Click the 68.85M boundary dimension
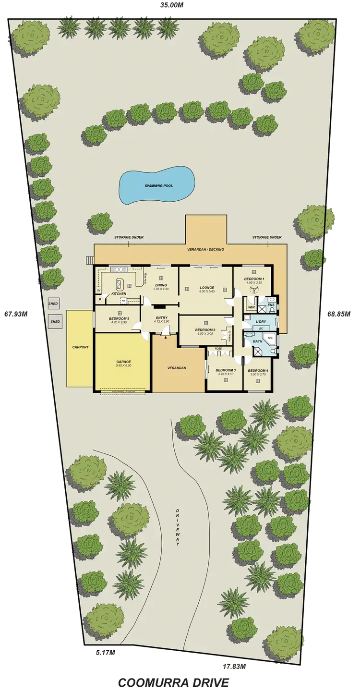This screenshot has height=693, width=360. coord(338,315)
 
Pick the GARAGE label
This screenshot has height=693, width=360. coord(123,362)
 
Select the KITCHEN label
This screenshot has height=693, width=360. coord(119,293)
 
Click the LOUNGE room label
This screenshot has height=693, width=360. coord(206,288)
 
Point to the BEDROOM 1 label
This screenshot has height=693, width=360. coord(254,279)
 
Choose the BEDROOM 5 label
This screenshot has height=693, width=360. coord(119,319)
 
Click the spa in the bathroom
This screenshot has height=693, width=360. coord(270,338)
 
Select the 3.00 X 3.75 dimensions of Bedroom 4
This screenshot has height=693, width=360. coord(257,375)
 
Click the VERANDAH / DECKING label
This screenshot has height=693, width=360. coord(206,250)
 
